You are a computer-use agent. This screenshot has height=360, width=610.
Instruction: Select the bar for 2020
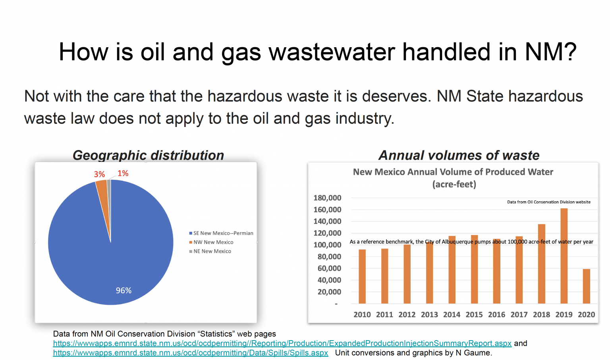pos(586,286)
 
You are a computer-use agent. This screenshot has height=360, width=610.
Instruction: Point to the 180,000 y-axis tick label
pos(327,198)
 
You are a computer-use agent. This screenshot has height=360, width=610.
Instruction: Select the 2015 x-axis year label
pos(474,314)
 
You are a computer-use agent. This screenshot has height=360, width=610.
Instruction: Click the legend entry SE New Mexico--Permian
pos(223,233)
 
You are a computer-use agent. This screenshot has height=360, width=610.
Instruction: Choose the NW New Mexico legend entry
pos(213,242)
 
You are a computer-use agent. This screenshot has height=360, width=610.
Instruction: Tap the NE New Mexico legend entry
pos(212,251)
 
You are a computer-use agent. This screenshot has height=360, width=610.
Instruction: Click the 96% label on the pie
pos(124,291)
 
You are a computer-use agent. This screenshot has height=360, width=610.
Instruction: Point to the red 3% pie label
pos(99,174)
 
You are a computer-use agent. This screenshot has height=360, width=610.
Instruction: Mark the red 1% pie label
pos(123,173)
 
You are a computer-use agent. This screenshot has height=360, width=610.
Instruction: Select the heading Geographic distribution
pos(148,155)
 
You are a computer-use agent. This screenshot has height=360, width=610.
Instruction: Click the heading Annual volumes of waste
pos(459,155)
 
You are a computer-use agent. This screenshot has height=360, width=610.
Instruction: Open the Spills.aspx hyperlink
pos(191,353)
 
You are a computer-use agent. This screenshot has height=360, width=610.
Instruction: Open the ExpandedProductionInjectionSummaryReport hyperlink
pos(282,343)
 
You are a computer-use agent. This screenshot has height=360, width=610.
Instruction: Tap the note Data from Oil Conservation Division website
pos(548,202)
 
